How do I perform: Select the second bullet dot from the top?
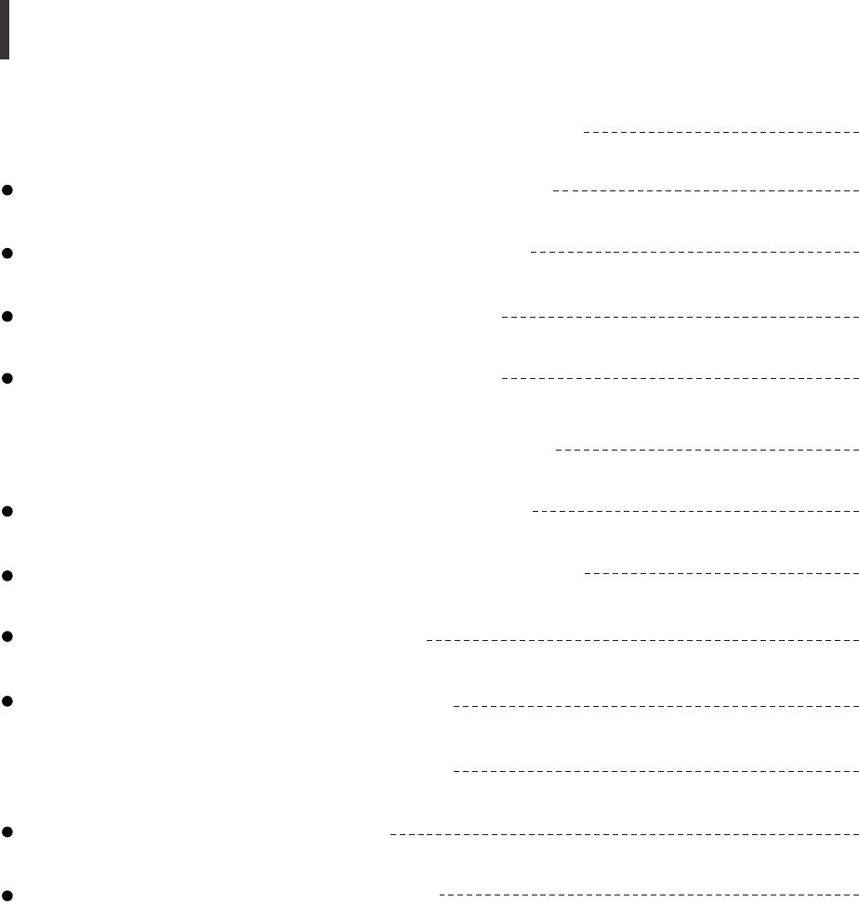coord(7,253)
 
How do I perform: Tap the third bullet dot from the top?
coord(7,317)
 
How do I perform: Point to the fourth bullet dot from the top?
coord(7,379)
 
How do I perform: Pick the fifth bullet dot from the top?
coord(7,511)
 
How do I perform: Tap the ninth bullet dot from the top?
coord(7,833)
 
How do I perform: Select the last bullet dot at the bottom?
coord(7,895)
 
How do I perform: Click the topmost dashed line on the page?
coord(720,132)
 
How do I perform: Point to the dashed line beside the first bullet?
coord(705,190)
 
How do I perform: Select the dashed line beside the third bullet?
coord(680,317)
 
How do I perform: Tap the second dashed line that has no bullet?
coord(707,450)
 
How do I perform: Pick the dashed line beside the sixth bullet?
coord(720,574)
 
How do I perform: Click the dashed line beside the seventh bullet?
coord(641,640)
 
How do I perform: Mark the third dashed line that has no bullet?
coord(655,771)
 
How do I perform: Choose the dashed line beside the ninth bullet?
coord(624,834)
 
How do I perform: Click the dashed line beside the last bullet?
coord(648,895)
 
